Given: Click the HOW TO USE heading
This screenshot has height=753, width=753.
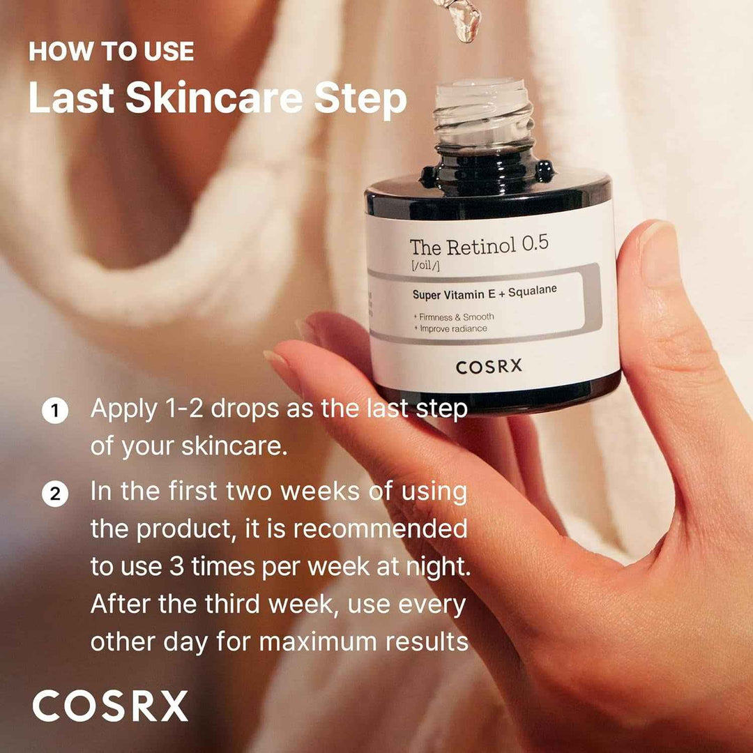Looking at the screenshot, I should pos(112,52).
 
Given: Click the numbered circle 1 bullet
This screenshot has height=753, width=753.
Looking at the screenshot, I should pos(54,411).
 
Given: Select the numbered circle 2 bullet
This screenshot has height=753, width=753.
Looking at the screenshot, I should pos(54,494).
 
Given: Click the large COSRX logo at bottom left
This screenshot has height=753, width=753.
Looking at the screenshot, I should pos(110,706).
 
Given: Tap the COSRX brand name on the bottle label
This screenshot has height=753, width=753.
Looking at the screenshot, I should pos(488,367).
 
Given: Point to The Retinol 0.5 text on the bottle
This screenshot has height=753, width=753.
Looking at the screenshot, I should pos(478,245).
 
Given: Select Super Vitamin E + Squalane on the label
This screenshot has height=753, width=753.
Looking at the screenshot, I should pos(485,292).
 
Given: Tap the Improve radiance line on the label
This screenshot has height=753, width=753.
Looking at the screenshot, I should pos(453,328).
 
